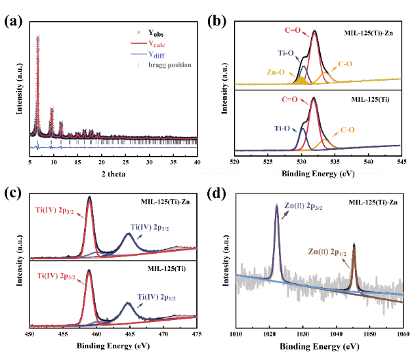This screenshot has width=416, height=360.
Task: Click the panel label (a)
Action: pyautogui.click(x=14, y=22)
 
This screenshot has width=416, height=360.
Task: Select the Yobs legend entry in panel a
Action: pyautogui.click(x=156, y=31)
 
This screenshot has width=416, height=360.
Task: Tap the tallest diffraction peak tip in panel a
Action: pyautogui.click(x=38, y=37)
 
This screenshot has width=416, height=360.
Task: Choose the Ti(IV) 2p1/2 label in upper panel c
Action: pyautogui.click(x=153, y=227)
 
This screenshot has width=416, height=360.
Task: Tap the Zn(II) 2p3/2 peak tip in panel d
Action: pyautogui.click(x=277, y=205)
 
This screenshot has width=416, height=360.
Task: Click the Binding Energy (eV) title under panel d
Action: pyautogui.click(x=319, y=347)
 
